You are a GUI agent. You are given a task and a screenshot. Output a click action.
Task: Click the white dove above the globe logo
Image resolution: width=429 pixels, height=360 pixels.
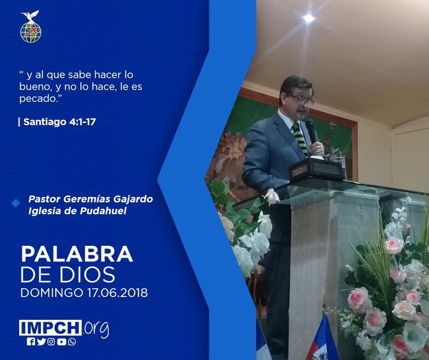[30, 16]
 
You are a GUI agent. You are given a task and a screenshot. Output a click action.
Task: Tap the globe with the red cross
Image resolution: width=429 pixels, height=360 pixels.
[31, 32]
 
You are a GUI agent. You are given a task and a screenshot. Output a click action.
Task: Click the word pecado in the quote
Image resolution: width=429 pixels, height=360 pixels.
[38, 99]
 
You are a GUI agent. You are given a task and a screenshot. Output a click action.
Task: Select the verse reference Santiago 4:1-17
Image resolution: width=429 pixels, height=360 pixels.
[60, 122]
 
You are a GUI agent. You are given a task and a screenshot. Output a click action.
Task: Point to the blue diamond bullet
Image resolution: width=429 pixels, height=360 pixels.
[16, 203]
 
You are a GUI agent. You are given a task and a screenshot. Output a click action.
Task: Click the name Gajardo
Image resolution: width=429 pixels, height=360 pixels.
[133, 199]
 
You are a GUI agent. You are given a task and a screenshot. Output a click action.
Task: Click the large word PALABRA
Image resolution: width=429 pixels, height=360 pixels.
[77, 254]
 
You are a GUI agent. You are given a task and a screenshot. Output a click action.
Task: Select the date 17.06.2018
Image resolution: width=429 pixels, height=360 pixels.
[118, 292]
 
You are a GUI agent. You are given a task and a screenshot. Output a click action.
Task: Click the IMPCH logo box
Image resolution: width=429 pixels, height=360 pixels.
[50, 328]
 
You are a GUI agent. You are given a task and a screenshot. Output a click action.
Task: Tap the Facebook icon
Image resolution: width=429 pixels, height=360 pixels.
[31, 342]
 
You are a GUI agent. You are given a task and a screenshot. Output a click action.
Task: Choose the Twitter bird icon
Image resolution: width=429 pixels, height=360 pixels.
[41, 342]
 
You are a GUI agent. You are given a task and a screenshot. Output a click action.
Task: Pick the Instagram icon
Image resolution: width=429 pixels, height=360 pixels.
[51, 342]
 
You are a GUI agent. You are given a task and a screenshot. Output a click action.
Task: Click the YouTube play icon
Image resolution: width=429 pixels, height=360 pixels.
[62, 342]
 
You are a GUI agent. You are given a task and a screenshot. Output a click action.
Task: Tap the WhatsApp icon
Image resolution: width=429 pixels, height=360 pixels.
[72, 342]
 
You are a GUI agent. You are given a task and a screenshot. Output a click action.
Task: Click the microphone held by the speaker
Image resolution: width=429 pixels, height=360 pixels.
[311, 131]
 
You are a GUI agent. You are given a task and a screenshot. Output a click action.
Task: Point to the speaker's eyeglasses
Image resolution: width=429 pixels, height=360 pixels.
[302, 100]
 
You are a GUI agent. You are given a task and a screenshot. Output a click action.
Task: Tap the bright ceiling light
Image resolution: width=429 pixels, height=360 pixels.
[309, 18]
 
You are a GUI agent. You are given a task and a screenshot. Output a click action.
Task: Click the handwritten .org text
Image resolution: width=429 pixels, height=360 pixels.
[96, 329]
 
